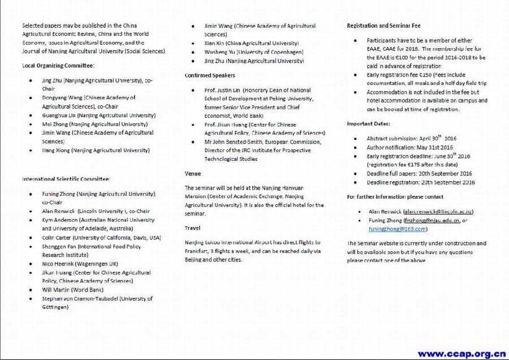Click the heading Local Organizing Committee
58,66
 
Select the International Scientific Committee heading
66,179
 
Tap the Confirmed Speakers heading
210,75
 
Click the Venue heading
193,173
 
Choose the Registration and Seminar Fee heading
383,26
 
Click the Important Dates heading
368,123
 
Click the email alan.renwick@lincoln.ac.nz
438,212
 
